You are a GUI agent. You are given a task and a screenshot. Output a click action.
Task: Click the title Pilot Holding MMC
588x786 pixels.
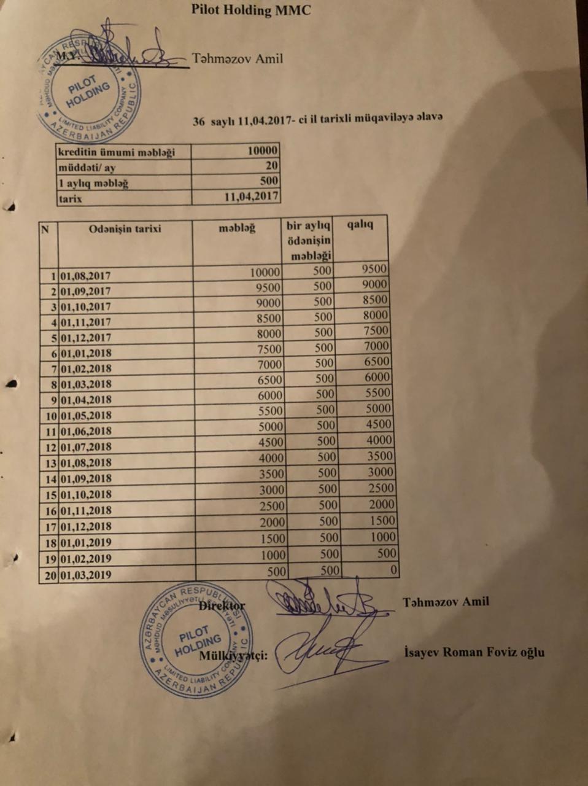(x=250, y=10)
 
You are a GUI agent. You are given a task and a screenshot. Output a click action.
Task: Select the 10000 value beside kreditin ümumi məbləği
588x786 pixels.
(x=263, y=150)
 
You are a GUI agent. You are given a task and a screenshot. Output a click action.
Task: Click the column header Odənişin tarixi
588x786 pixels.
(x=125, y=228)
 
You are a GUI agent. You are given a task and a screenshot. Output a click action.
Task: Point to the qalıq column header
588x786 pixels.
(x=360, y=224)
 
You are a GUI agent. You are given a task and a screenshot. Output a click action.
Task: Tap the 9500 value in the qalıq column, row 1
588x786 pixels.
(x=374, y=269)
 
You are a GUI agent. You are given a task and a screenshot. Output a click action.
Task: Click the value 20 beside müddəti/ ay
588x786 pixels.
(x=271, y=166)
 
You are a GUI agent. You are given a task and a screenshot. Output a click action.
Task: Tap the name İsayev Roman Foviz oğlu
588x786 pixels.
(x=474, y=652)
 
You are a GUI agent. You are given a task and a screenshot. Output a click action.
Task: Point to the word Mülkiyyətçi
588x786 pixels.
(x=233, y=655)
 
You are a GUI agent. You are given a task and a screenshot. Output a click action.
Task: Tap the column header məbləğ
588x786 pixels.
(x=237, y=228)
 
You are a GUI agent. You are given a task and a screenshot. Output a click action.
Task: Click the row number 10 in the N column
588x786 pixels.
(x=49, y=415)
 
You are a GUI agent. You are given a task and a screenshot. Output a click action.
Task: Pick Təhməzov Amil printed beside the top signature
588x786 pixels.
(x=237, y=59)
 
